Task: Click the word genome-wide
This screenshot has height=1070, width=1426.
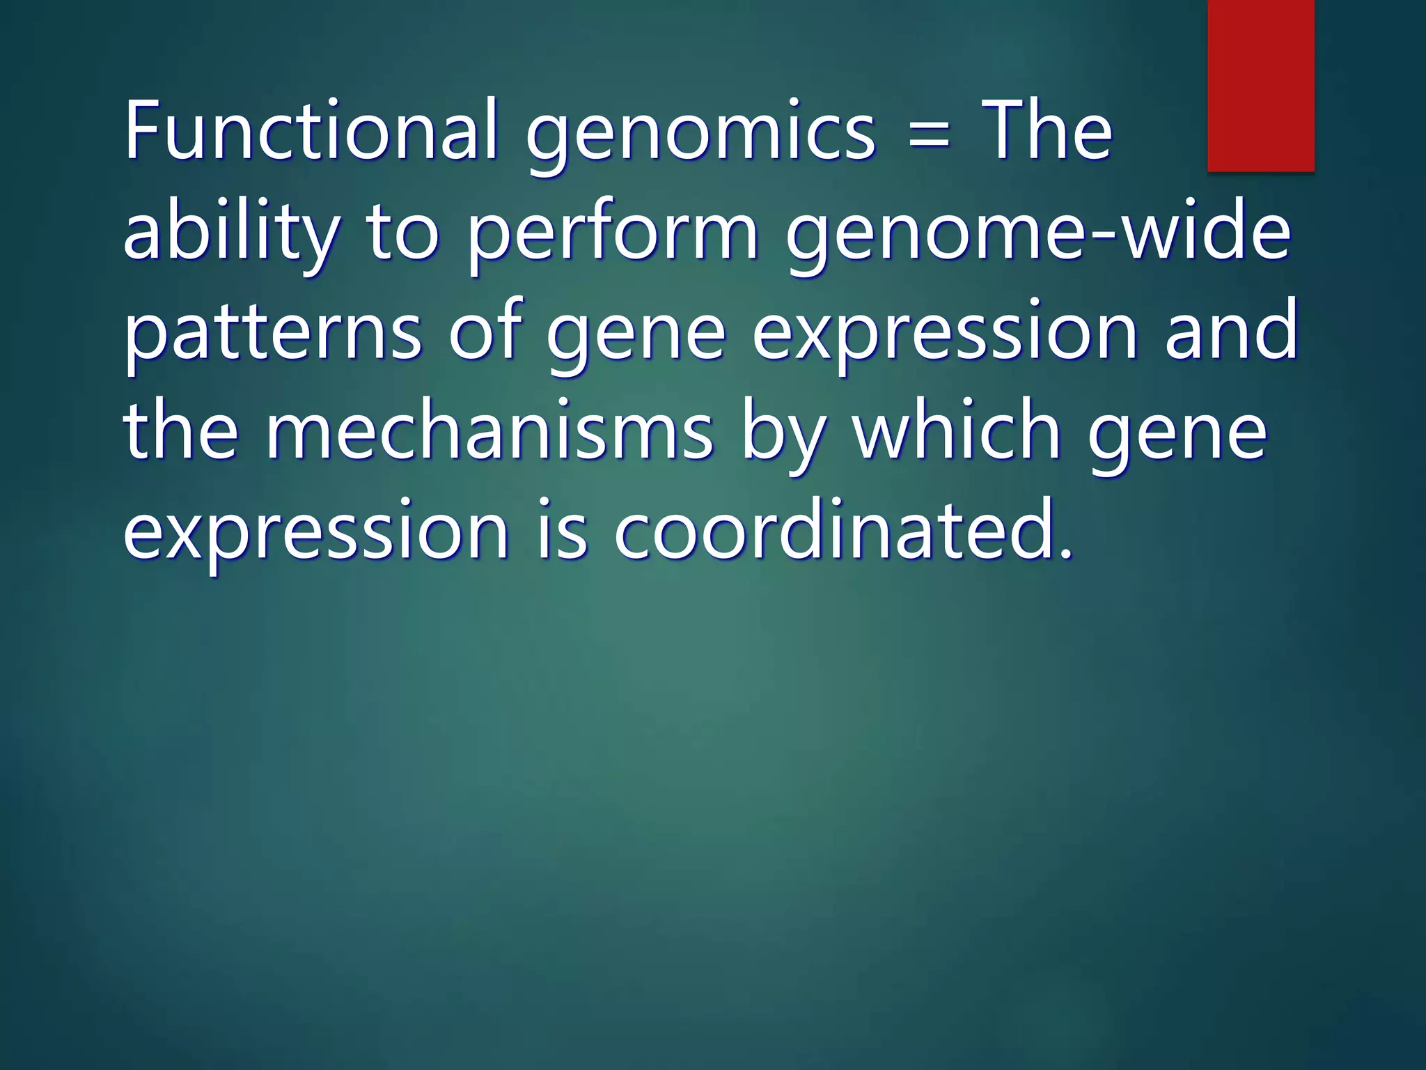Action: tap(1038, 233)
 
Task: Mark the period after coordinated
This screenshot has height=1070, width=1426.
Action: tap(1063, 554)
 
